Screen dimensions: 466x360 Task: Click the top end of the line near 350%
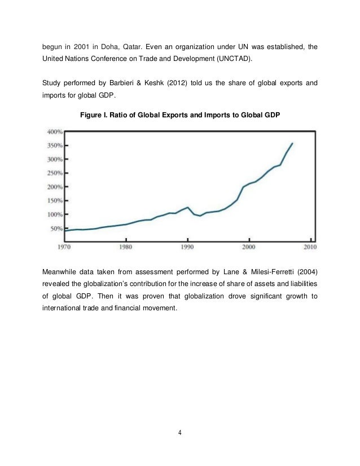(292, 143)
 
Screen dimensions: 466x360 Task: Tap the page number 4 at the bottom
(179, 434)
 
